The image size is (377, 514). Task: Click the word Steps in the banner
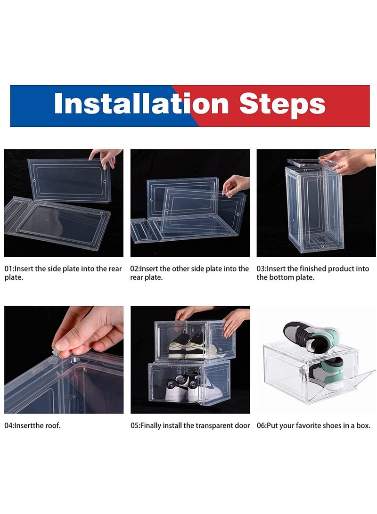point(282,105)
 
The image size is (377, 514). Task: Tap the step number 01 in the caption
point(8,269)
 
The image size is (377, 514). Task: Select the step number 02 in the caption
point(135,269)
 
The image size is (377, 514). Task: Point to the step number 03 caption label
point(261,269)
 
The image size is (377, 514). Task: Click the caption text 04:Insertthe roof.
point(33,425)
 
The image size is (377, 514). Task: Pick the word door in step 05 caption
point(241,425)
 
